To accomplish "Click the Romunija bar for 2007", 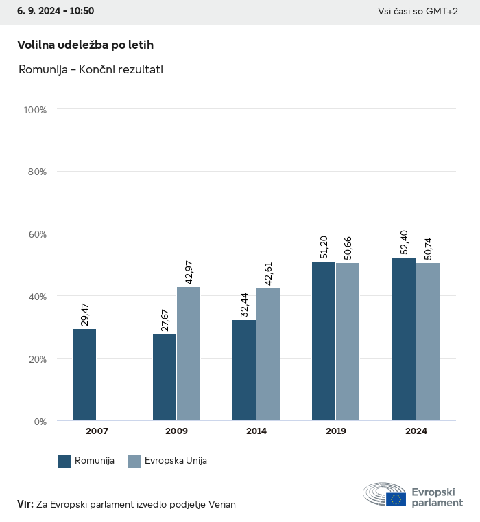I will pyautogui.click(x=84, y=375).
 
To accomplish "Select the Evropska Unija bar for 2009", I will pyautogui.click(x=189, y=354).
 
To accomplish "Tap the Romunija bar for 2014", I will pyautogui.click(x=244, y=370).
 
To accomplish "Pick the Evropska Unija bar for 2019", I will pyautogui.click(x=348, y=341).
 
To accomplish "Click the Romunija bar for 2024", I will pyautogui.click(x=403, y=339).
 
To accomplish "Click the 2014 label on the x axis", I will pyautogui.click(x=256, y=431).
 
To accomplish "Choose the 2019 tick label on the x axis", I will pyautogui.click(x=336, y=431).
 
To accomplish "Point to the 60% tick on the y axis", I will pyautogui.click(x=36, y=234).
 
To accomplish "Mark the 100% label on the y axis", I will pyautogui.click(x=34, y=109).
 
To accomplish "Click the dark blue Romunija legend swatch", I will pyautogui.click(x=65, y=461).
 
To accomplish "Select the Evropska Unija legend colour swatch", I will pyautogui.click(x=134, y=461).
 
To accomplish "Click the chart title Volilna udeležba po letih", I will pyautogui.click(x=85, y=45).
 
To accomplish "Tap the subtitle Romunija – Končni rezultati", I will pyautogui.click(x=91, y=69).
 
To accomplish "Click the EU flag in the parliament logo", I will pyautogui.click(x=396, y=499).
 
